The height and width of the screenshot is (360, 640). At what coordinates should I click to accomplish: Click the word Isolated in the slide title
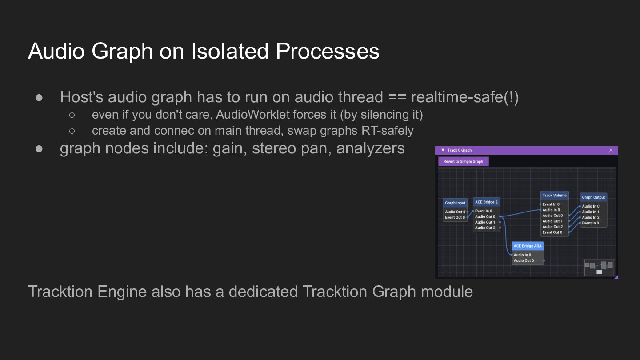(230, 51)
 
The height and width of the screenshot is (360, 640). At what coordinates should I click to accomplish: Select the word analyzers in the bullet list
(370, 148)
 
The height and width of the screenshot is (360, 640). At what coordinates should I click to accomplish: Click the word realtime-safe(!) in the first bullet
(464, 97)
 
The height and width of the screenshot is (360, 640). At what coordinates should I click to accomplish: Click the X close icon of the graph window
(611, 150)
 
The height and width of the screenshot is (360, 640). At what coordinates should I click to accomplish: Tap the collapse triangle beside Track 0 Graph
(443, 150)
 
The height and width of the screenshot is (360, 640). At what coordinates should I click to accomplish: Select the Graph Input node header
(455, 203)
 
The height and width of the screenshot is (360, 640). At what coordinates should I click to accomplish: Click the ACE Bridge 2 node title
(486, 202)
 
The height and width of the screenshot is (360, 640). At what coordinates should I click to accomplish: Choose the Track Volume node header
(554, 196)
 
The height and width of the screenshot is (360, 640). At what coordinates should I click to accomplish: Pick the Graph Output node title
(593, 197)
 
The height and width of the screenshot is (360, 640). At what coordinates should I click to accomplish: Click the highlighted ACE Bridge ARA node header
(528, 246)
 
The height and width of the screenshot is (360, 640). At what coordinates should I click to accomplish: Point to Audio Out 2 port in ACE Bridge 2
(485, 228)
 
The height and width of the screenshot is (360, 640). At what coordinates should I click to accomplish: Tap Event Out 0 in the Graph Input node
(455, 217)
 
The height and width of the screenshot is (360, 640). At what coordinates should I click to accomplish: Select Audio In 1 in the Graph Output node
(591, 212)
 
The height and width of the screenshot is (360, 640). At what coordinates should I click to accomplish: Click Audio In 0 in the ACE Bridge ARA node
(522, 255)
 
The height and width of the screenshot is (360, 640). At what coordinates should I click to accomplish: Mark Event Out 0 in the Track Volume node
(552, 232)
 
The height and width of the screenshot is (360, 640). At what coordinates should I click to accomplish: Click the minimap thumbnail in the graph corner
(599, 268)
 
